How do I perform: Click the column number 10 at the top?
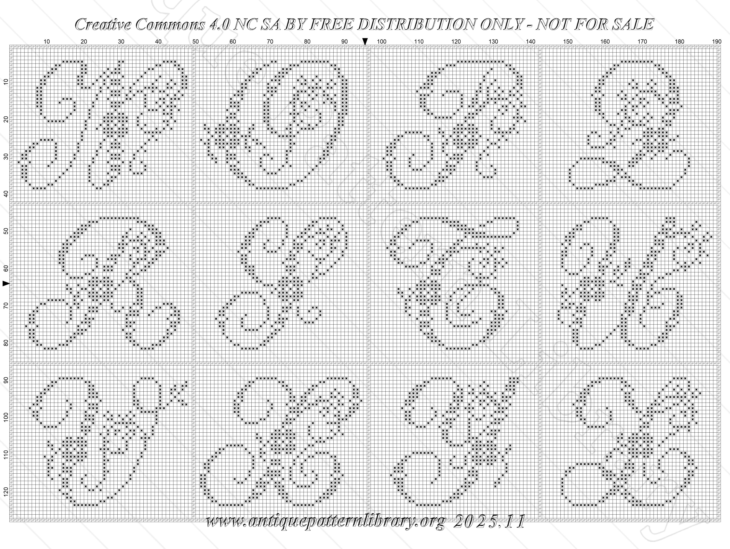pos(47,42)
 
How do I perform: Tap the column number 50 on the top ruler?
pos(196,42)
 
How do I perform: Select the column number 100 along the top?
pos(382,42)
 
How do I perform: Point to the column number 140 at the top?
pos(531,42)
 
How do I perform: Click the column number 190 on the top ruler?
pos(717,42)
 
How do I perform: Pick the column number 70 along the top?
pos(270,42)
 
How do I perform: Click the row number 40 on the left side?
pos(6,194)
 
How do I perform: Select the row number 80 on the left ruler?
pos(6,343)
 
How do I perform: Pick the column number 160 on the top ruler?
pos(605,42)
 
